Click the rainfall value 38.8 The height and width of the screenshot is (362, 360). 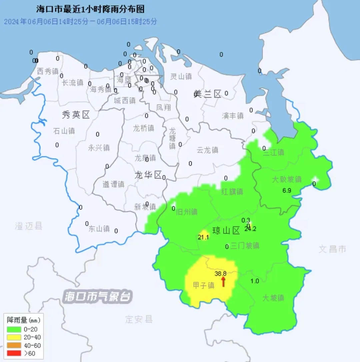click(221, 273)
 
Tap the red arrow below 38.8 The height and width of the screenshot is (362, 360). click(223, 282)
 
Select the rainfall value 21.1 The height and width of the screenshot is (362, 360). click(203, 237)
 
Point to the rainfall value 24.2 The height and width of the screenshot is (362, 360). click(250, 229)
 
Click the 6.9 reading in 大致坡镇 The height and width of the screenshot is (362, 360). click(287, 191)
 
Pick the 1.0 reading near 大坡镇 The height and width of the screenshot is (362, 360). click(255, 281)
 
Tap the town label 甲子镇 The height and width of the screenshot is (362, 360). click(204, 285)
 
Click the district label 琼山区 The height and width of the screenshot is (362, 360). click(226, 230)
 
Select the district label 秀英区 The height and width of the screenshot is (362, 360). click(76, 115)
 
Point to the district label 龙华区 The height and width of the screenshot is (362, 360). click(148, 175)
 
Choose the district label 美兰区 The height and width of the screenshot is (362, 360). click(207, 94)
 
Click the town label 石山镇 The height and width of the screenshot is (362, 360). click(64, 131)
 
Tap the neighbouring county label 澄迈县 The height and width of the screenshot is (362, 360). click(29, 226)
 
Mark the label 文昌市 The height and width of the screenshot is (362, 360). click(332, 249)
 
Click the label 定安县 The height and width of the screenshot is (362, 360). click(139, 319)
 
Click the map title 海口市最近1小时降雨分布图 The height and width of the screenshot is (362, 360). click(90, 9)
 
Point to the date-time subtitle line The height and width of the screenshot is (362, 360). click(80, 22)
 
